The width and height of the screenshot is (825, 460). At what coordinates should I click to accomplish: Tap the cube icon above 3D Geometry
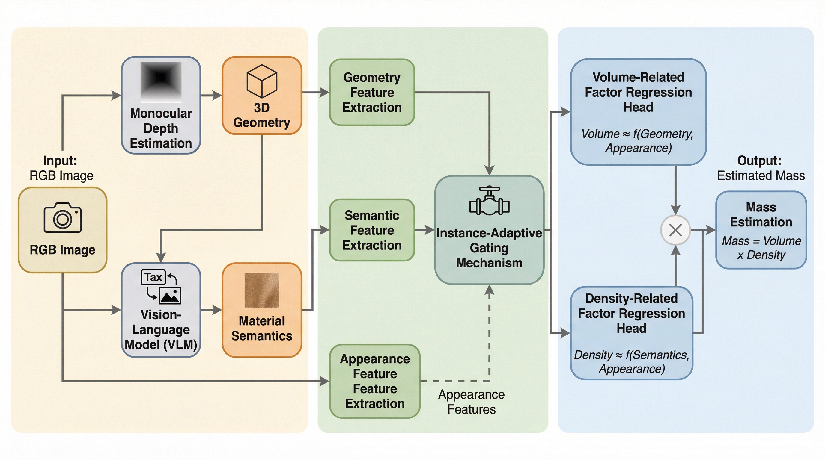[x=262, y=81]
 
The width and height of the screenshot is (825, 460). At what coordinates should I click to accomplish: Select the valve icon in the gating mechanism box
[x=489, y=201]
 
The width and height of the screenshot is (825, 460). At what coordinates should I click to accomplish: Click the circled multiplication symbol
[x=675, y=230]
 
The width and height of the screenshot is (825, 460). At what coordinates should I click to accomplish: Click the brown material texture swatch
[x=262, y=290]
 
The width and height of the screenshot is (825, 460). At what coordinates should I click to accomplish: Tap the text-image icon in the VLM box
[x=161, y=287]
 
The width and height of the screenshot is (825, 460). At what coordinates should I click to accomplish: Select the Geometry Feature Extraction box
[x=372, y=93]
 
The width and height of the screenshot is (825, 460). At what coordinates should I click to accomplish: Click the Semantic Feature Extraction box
[x=372, y=230]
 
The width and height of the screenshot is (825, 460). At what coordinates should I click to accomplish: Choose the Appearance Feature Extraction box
[x=375, y=381]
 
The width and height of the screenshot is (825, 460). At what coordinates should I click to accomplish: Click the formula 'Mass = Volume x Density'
[x=761, y=248]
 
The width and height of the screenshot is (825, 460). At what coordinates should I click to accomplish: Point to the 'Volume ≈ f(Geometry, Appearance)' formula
[x=638, y=141]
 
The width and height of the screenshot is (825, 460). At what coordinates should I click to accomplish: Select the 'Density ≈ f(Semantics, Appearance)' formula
[x=632, y=362]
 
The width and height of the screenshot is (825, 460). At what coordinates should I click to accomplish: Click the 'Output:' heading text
[x=759, y=161]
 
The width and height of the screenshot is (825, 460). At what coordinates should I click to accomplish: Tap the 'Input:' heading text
[x=60, y=161]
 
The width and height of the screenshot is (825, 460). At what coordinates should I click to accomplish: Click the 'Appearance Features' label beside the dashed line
[x=471, y=402]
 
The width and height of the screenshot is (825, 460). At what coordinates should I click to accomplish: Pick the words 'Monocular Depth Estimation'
[x=161, y=128]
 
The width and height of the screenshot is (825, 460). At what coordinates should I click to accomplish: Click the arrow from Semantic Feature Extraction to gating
[x=425, y=230]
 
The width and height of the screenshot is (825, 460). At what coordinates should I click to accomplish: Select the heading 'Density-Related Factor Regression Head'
[x=632, y=314]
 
